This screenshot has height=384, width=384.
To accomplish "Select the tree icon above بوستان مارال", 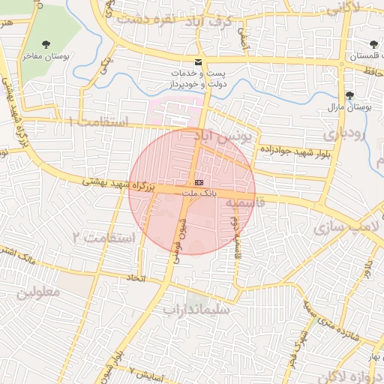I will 349,95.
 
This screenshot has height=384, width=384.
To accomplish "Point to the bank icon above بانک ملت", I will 198,182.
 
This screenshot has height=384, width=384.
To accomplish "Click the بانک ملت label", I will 199,193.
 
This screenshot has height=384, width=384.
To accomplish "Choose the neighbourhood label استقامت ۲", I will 103,238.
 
